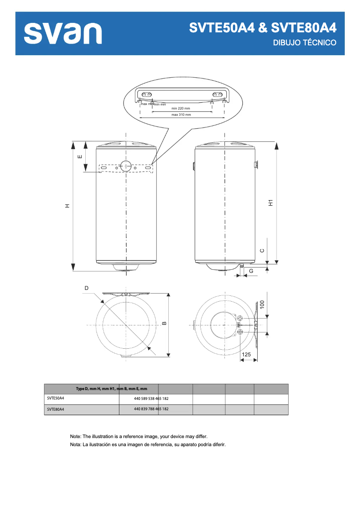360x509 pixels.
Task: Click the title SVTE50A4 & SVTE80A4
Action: tap(263, 28)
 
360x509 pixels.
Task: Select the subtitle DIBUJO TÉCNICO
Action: tap(305, 43)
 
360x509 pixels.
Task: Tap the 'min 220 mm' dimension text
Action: tap(181, 108)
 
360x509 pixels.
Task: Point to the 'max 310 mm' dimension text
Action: tap(181, 115)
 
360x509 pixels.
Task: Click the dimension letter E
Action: tap(79, 157)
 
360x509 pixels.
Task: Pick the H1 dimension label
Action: tap(271, 202)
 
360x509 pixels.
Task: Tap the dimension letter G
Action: tap(251, 271)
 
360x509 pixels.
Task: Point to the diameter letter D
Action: tap(86, 288)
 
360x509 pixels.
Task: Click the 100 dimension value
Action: tap(262, 304)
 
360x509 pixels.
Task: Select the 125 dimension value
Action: tap(246, 355)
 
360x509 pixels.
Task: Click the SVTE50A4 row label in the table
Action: tap(56, 398)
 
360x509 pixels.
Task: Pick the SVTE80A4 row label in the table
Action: tap(56, 409)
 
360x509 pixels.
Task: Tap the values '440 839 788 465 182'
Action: tap(151, 409)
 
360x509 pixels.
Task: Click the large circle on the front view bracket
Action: tap(126, 165)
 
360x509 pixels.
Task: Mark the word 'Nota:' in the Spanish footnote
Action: tap(76, 445)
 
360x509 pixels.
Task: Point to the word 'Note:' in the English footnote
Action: tap(76, 436)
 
